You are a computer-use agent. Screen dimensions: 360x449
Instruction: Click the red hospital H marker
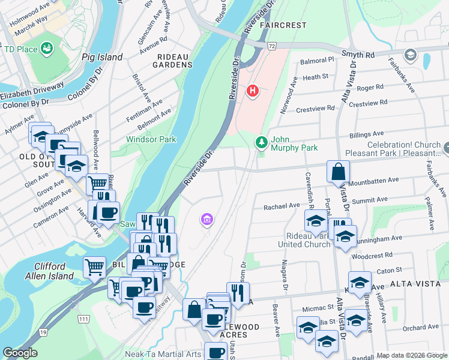click(x=253, y=91)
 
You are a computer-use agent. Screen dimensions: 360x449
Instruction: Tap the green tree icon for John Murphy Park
click(x=261, y=142)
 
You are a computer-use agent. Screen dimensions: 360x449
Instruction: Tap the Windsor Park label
click(x=151, y=139)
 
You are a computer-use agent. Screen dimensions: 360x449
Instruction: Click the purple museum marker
click(x=207, y=220)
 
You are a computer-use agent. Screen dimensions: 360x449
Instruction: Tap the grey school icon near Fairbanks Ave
click(x=411, y=55)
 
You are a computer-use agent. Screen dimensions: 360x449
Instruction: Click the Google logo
click(x=20, y=352)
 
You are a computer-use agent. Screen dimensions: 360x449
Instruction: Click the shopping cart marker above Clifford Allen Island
click(x=95, y=268)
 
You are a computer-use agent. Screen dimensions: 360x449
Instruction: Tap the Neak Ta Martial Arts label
click(x=163, y=354)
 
